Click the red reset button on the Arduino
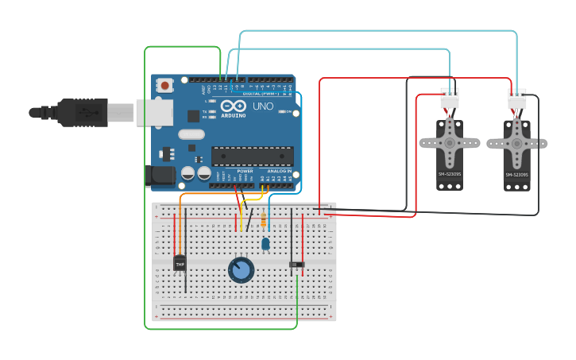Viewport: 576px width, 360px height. pyautogui.click(x=164, y=85)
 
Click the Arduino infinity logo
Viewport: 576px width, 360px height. pyautogui.click(x=234, y=106)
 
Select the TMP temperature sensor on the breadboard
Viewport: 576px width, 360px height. pyautogui.click(x=180, y=263)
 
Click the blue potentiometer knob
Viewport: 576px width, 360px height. pyautogui.click(x=241, y=270)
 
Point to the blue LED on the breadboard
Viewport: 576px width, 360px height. pyautogui.click(x=265, y=243)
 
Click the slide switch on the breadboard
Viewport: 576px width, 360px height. pyautogui.click(x=296, y=264)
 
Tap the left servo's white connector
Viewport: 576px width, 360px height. pyautogui.click(x=450, y=99)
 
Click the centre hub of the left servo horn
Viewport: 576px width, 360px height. pyautogui.click(x=450, y=143)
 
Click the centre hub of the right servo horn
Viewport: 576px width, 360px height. pyautogui.click(x=516, y=144)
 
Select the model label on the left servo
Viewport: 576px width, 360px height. pyautogui.click(x=450, y=174)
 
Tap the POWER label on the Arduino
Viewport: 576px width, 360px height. pyautogui.click(x=245, y=171)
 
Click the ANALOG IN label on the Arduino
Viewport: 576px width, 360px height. pyautogui.click(x=278, y=171)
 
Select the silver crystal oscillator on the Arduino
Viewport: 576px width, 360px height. pyautogui.click(x=191, y=134)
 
